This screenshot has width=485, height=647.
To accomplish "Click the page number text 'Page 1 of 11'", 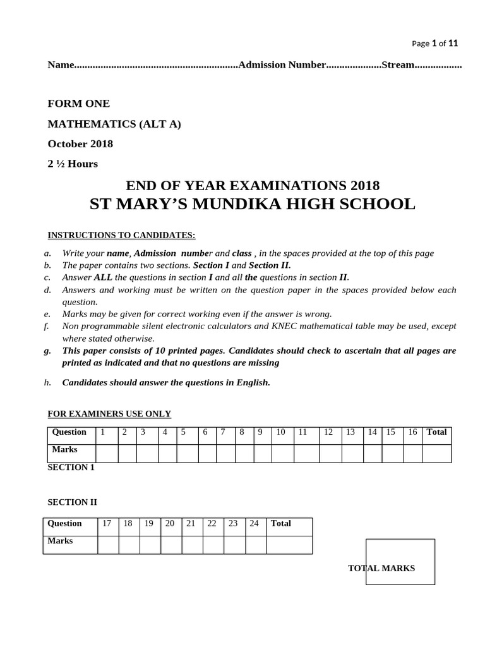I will click(x=434, y=43).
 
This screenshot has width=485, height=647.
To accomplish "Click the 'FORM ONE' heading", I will click(x=79, y=104).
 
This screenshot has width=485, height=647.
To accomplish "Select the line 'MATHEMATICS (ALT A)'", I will click(x=114, y=124).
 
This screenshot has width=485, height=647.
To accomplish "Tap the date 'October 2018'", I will click(x=80, y=144).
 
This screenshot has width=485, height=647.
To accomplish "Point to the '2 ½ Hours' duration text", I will click(x=73, y=164).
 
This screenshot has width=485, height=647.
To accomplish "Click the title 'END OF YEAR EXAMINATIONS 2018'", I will click(x=253, y=185).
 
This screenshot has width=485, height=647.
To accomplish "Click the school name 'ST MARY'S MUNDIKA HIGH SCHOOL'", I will click(x=253, y=205).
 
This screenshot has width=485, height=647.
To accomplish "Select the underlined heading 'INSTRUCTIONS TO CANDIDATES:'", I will click(x=122, y=235).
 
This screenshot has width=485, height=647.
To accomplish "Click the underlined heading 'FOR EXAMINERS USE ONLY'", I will click(x=109, y=414).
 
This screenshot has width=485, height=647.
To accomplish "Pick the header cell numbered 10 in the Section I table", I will click(x=281, y=432).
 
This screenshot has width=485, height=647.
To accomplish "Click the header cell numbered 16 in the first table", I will click(x=412, y=432).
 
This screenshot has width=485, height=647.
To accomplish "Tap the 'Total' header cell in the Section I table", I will click(x=436, y=432).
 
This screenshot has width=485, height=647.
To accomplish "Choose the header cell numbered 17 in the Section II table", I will click(x=107, y=523).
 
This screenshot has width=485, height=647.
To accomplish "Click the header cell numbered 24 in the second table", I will click(x=254, y=523).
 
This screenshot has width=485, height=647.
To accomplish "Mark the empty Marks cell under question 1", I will click(x=106, y=453).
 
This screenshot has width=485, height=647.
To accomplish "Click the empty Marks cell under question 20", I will click(x=171, y=544).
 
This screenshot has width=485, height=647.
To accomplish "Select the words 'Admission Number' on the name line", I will click(x=281, y=65).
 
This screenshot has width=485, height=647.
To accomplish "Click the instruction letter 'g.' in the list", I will click(x=48, y=351).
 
